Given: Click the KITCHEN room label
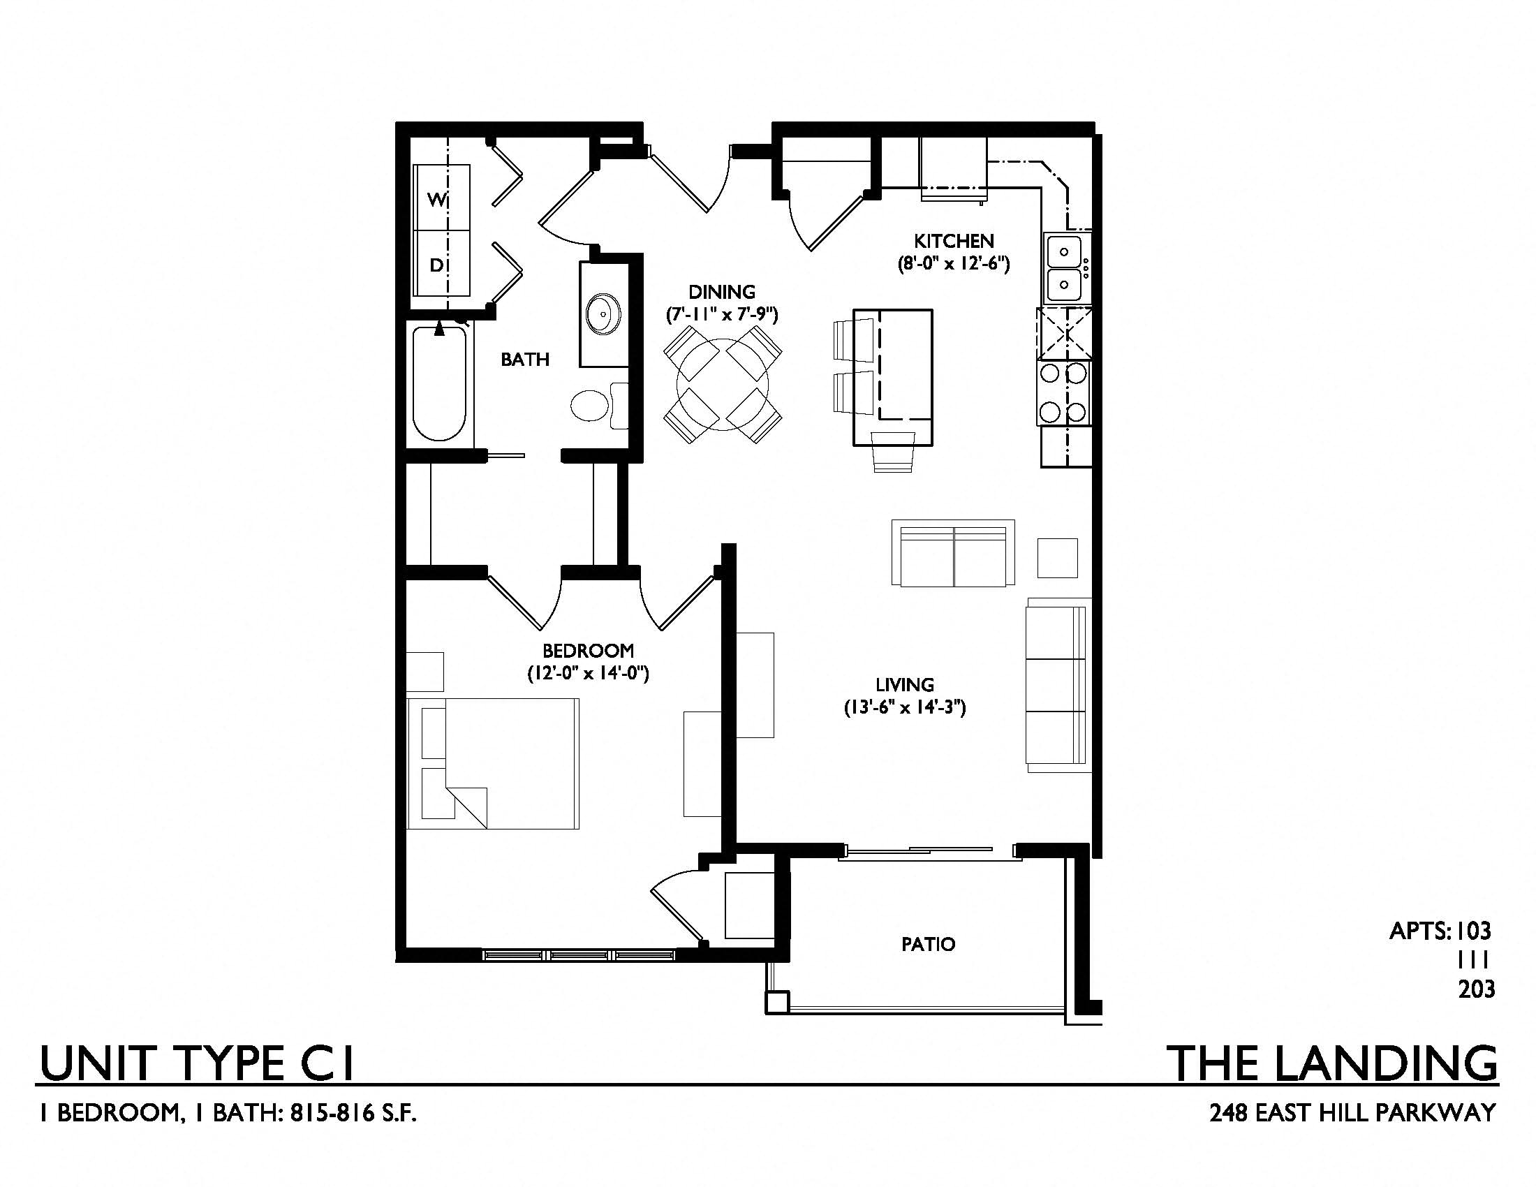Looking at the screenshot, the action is tap(953, 241).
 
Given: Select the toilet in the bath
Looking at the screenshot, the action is tap(599, 406).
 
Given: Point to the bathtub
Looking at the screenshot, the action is tap(440, 383).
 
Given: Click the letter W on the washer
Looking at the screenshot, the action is tap(437, 200).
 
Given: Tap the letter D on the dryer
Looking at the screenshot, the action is tap(437, 265).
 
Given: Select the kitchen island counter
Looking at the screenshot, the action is tap(893, 378).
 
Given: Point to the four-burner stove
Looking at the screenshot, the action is tap(1064, 392).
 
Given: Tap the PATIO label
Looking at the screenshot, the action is tap(929, 944).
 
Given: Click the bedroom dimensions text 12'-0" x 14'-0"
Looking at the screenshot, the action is tap(588, 674).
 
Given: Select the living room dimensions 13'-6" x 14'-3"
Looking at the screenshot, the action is tap(904, 707).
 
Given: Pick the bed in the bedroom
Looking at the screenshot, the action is tap(494, 764).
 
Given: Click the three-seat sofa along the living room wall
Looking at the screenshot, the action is tap(1059, 685).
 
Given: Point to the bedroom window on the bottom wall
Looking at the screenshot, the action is tap(578, 955).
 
